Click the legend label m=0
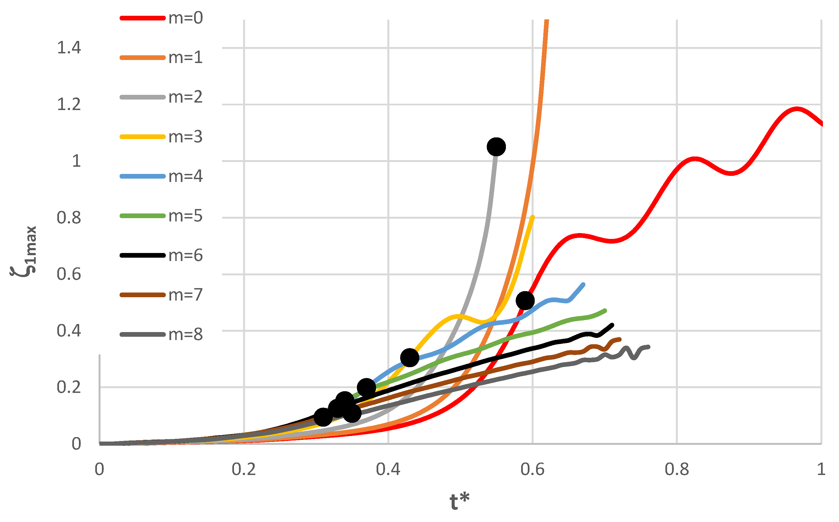186,18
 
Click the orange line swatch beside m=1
142,58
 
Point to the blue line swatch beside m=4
142,176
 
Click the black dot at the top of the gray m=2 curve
496,147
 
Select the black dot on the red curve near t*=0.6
525,300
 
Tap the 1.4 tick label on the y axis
69,48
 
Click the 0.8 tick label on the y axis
69,218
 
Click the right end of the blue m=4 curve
583,285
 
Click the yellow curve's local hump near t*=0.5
457,316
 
